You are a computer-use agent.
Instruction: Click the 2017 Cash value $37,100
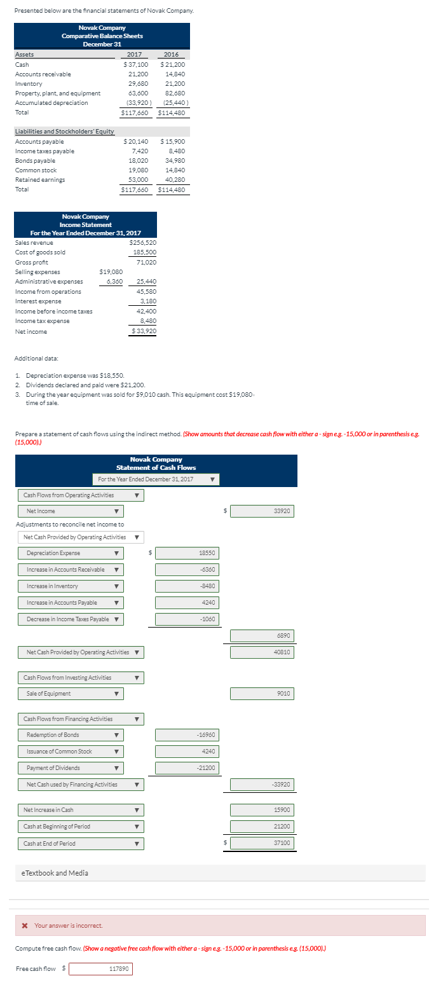pyautogui.click(x=136, y=64)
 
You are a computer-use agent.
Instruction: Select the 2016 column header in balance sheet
pyautogui.click(x=172, y=55)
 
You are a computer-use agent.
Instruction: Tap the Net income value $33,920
pyautogui.click(x=144, y=331)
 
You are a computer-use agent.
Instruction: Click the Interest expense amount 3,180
pyautogui.click(x=147, y=301)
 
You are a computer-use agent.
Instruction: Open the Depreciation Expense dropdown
pyautogui.click(x=71, y=553)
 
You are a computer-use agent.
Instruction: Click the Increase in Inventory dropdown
pyautogui.click(x=71, y=586)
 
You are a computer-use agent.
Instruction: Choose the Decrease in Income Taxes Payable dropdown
pyautogui.click(x=71, y=619)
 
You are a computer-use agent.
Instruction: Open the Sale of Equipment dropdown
pyautogui.click(x=71, y=694)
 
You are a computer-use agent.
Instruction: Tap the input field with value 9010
pyautogui.click(x=262, y=694)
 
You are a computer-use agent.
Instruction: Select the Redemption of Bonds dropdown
pyautogui.click(x=71, y=735)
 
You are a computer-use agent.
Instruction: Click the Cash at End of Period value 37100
pyautogui.click(x=262, y=843)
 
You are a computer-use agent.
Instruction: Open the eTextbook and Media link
pyautogui.click(x=56, y=873)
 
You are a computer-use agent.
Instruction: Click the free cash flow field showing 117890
pyautogui.click(x=101, y=969)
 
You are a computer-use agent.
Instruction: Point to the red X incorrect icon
pyautogui.click(x=25, y=925)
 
